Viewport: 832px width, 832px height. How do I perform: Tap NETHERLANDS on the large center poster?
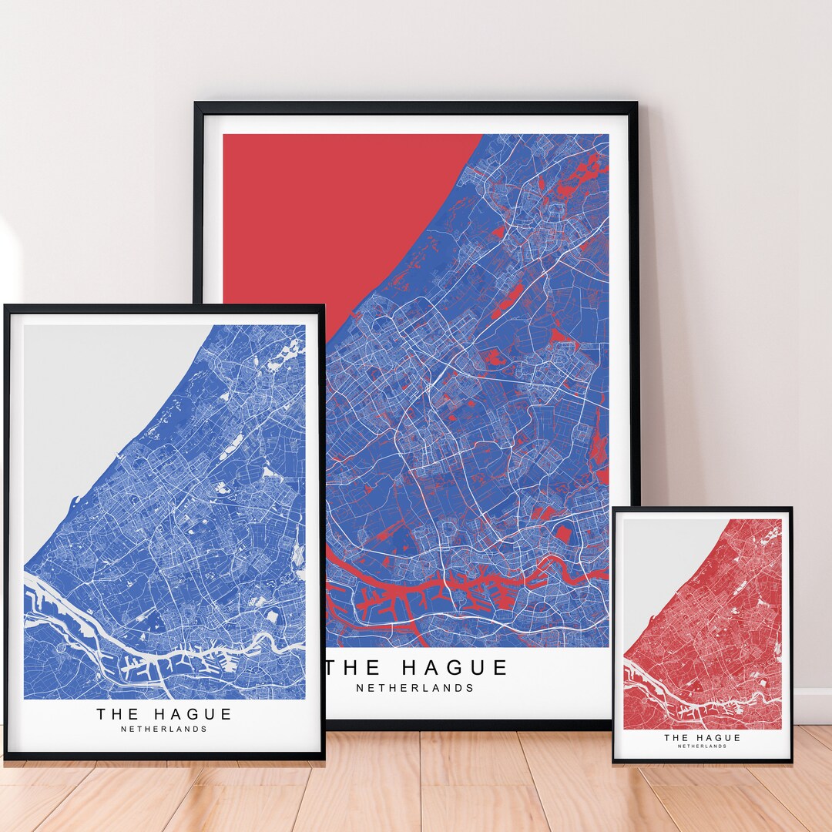(x=415, y=688)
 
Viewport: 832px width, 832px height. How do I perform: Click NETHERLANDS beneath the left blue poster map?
(x=164, y=729)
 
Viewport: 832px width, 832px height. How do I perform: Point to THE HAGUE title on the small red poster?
(x=702, y=737)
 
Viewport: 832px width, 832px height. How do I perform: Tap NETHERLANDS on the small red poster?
(x=702, y=746)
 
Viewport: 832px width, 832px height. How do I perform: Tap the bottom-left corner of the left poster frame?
(x=6, y=758)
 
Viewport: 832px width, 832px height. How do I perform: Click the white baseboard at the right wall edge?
(x=813, y=705)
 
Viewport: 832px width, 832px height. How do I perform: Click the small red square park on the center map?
(x=564, y=534)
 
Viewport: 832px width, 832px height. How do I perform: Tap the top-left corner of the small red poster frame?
(x=615, y=509)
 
